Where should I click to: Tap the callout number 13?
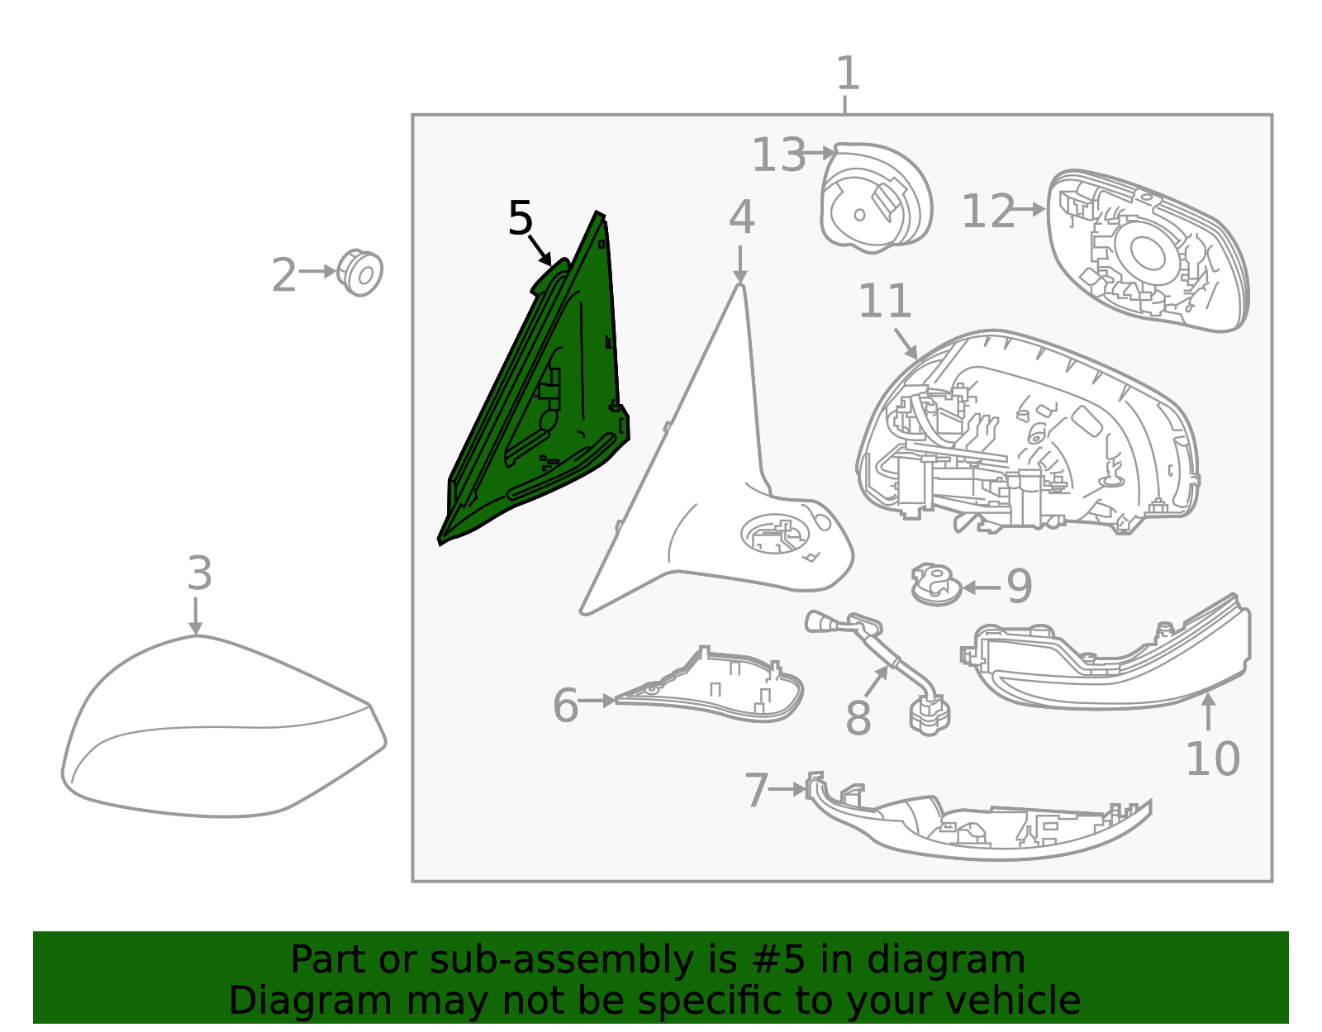tap(778, 155)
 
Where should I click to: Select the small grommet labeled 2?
tap(359, 273)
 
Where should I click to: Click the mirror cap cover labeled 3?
tap(224, 726)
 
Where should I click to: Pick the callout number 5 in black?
tap(521, 217)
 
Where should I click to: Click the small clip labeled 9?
tap(935, 584)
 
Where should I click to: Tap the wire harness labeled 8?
tap(882, 669)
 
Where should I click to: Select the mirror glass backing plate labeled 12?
tap(1147, 250)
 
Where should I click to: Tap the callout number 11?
tap(885, 301)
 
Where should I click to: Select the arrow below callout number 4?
tap(739, 264)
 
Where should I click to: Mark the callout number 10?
tap(1212, 759)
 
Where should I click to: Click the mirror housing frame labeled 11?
tap(1028, 433)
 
